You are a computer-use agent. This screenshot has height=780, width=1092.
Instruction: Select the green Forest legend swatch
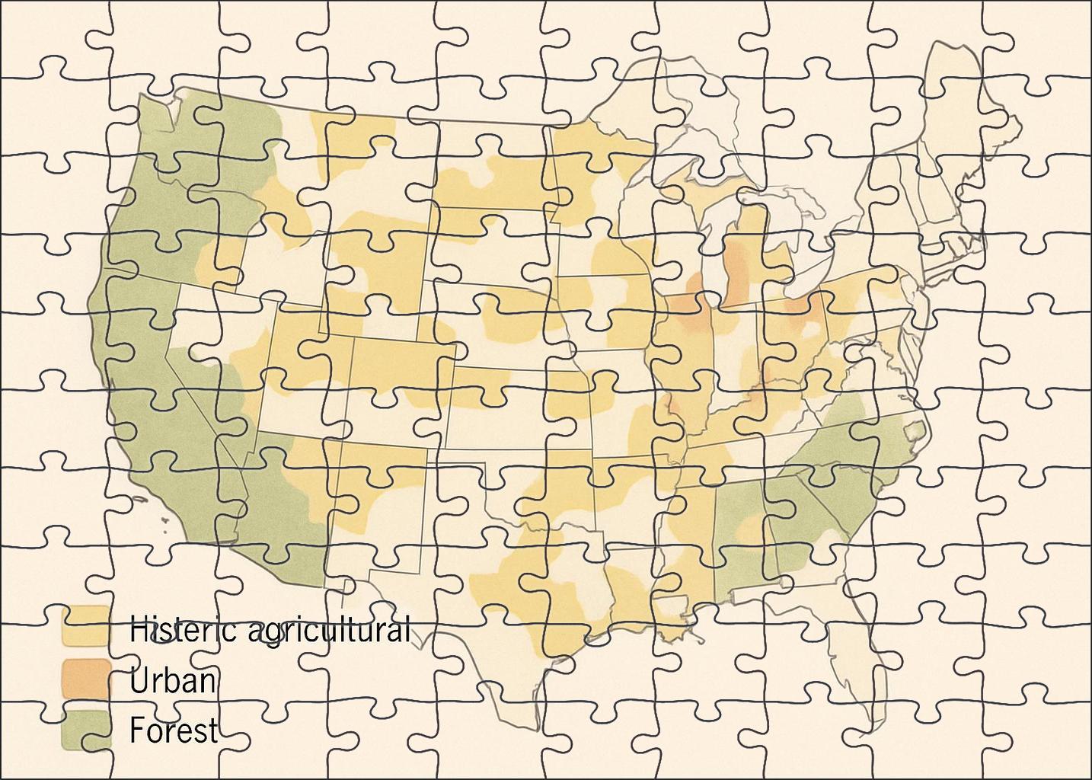tap(85, 730)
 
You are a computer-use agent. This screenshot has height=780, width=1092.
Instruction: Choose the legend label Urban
tap(173, 679)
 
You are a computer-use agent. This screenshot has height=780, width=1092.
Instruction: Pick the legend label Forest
tap(174, 730)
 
